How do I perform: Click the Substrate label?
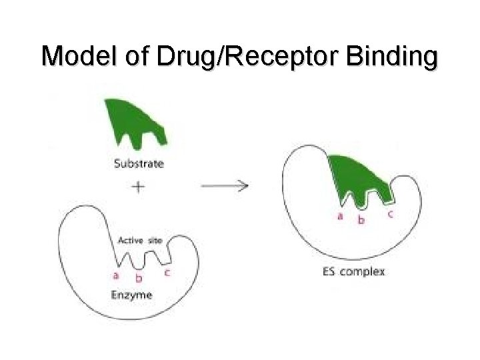(x=138, y=162)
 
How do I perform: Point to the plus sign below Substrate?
(x=138, y=187)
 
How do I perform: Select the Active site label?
(x=139, y=240)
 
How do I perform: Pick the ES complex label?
(x=353, y=271)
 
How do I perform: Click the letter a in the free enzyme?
(x=116, y=275)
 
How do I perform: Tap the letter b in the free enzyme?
(x=138, y=279)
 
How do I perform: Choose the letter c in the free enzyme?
(x=166, y=272)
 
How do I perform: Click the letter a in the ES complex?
(x=339, y=216)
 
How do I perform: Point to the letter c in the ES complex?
(x=389, y=213)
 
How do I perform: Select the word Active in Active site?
(x=129, y=240)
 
